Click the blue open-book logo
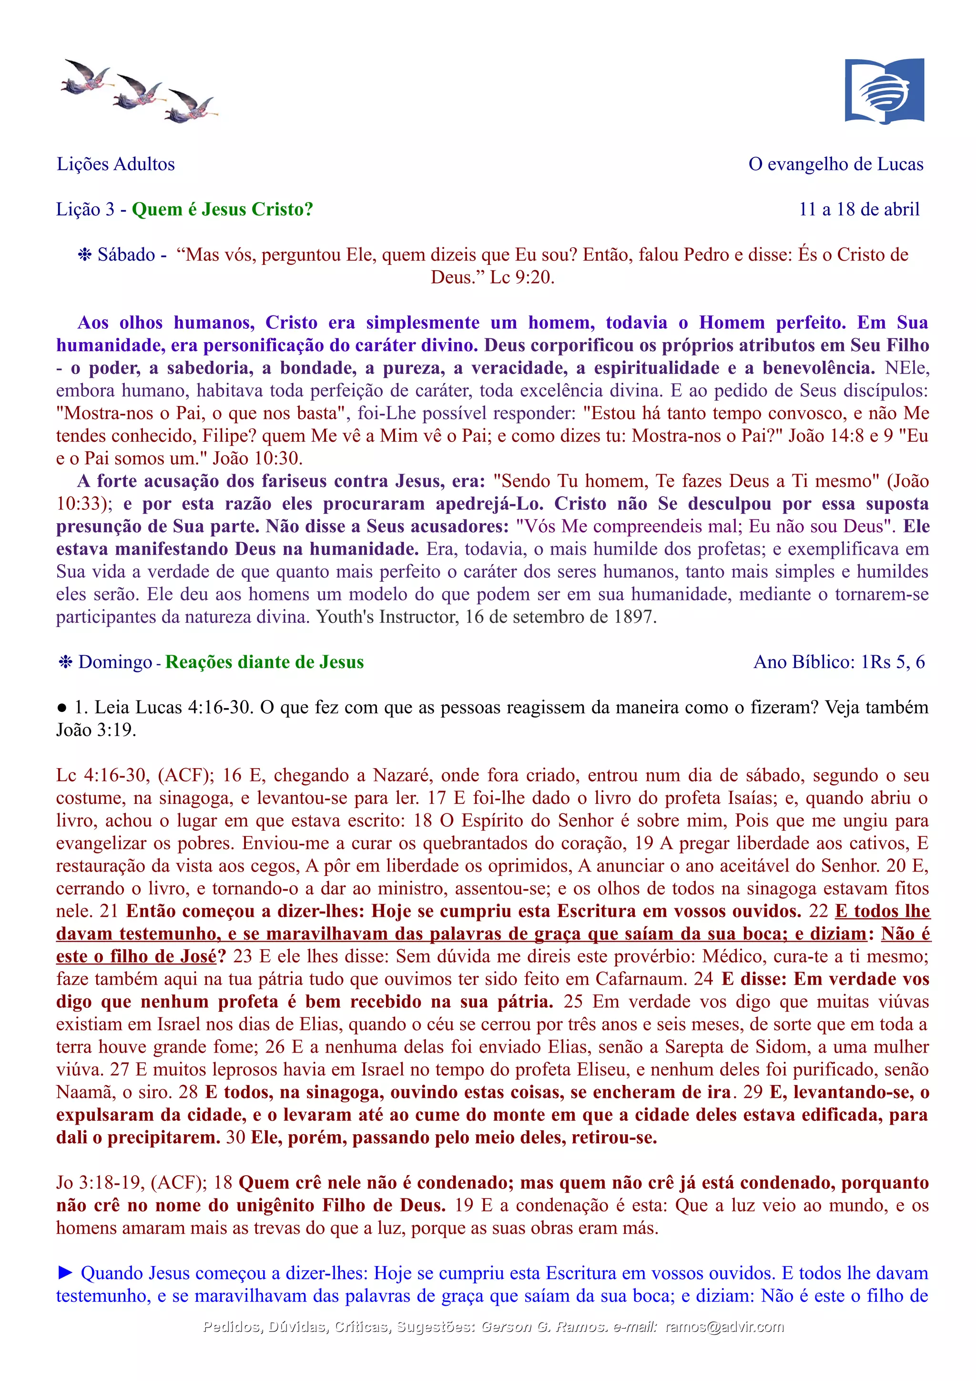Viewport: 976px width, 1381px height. point(884,91)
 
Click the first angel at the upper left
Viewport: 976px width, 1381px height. point(86,76)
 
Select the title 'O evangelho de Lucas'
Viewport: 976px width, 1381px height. point(835,164)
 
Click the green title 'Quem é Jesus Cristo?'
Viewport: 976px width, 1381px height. point(223,209)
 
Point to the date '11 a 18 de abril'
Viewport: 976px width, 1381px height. point(859,209)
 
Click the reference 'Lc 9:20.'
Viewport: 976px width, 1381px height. point(522,277)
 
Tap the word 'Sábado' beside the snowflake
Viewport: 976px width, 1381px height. point(126,255)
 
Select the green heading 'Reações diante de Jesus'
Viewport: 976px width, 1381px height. point(264,662)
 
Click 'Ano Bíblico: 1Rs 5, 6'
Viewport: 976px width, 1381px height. point(839,662)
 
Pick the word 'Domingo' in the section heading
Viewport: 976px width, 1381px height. point(115,662)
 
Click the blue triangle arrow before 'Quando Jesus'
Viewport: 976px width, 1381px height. point(66,1273)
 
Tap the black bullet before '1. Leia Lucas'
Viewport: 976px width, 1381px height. point(61,708)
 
